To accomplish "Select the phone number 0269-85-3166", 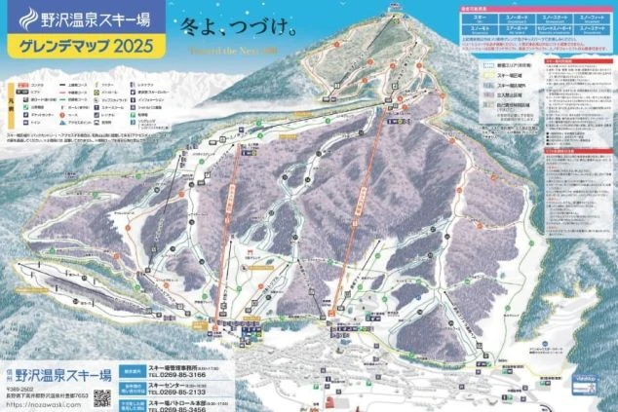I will coord(179,373).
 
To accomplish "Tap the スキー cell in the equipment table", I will coord(481,18).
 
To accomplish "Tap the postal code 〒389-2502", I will coord(19,387).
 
